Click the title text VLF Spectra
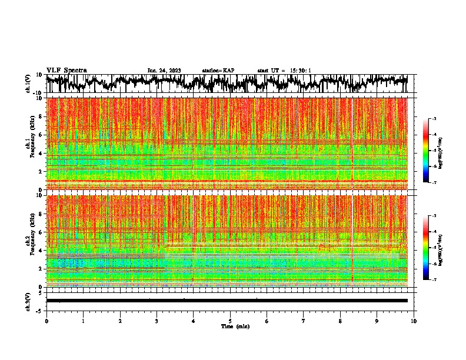[66, 71]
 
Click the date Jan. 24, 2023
[164, 71]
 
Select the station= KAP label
[218, 71]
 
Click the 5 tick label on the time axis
[231, 321]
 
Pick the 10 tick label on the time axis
[414, 321]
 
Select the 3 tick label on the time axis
[157, 321]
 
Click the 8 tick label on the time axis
[341, 321]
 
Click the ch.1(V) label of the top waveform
[29, 84]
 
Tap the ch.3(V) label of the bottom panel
[29, 301]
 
